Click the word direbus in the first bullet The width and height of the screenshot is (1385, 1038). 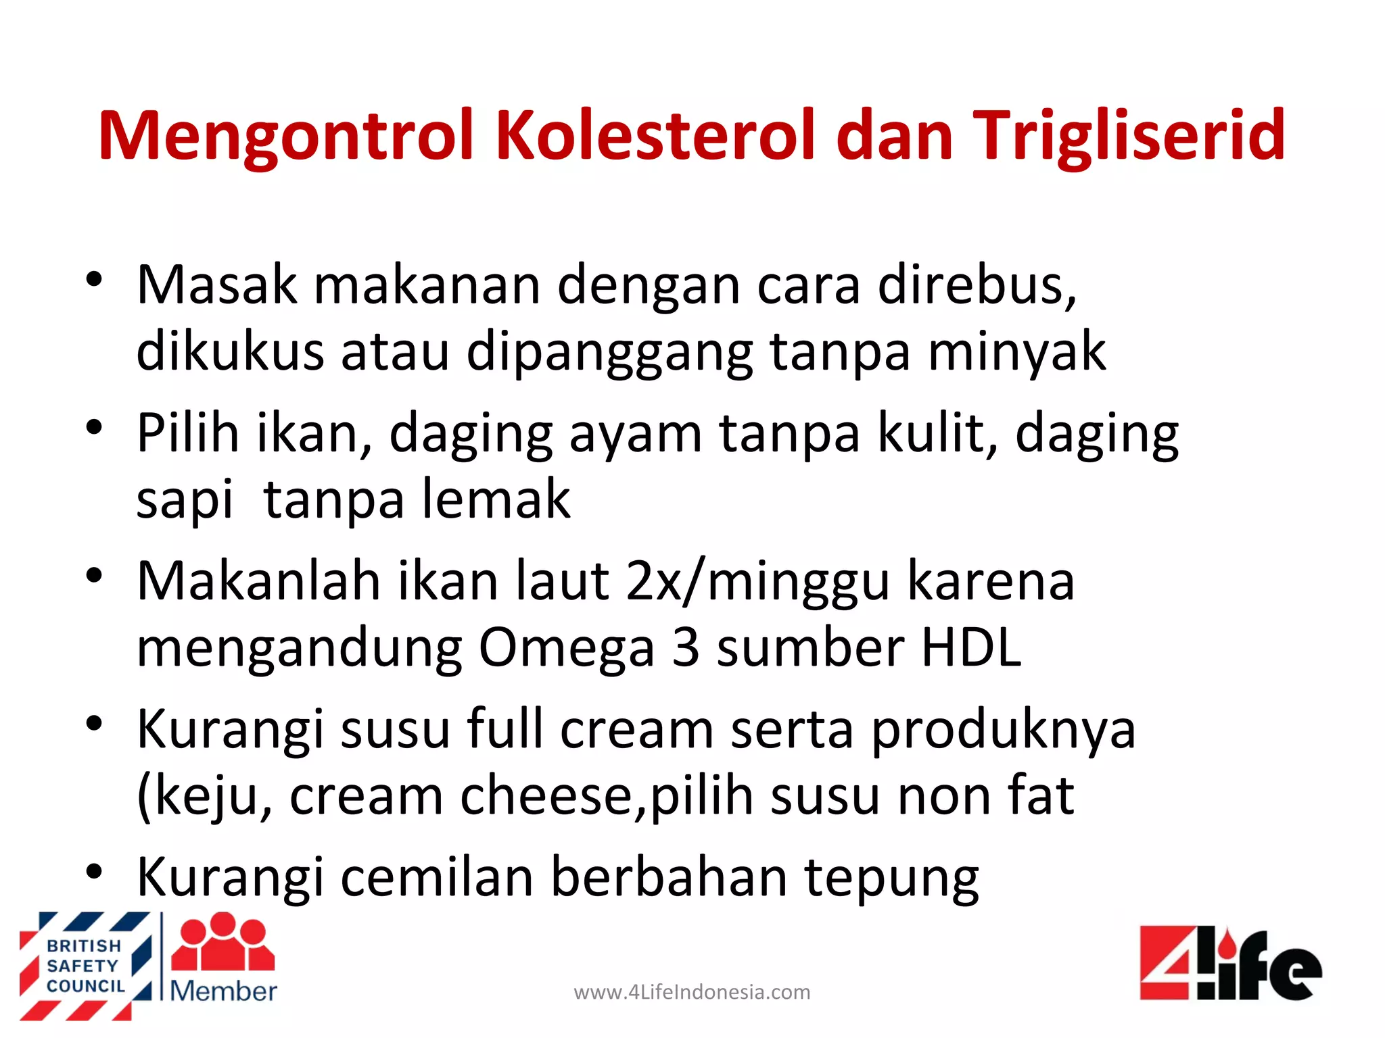(x=977, y=285)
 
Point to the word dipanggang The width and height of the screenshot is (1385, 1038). (x=609, y=353)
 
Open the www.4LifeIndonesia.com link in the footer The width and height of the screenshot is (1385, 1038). (x=692, y=992)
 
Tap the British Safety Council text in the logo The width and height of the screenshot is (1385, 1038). (x=85, y=966)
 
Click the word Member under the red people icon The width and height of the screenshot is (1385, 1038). (x=223, y=991)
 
